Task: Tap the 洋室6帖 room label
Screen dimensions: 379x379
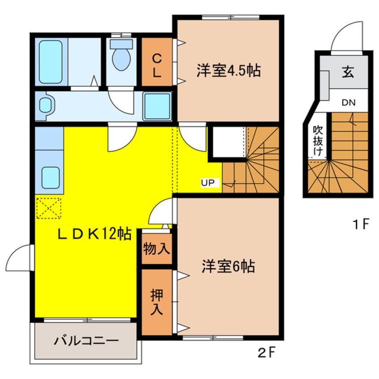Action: click(228, 267)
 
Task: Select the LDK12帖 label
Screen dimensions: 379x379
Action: click(93, 233)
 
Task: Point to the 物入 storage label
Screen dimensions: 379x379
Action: click(156, 249)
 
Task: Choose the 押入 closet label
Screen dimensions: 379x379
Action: click(156, 301)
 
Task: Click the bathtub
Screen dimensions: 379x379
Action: click(50, 62)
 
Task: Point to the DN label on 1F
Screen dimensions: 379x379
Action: click(348, 103)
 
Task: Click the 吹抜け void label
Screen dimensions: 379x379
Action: click(318, 140)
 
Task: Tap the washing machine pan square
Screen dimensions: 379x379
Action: click(157, 105)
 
